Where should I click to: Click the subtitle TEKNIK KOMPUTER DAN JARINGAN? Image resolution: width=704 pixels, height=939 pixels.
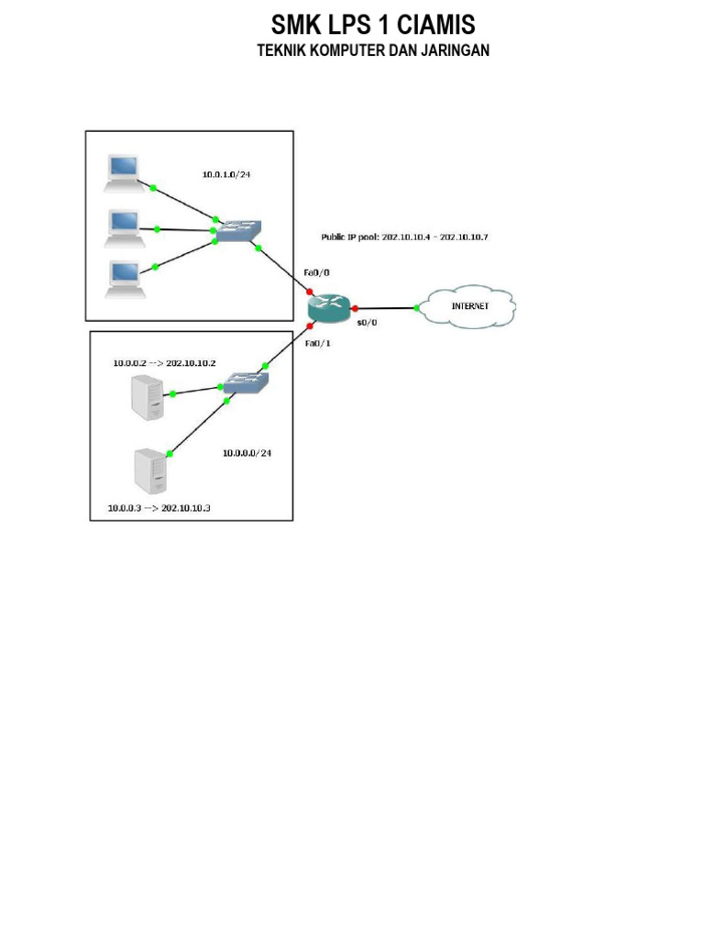(x=373, y=51)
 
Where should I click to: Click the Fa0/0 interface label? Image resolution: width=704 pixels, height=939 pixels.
(x=316, y=273)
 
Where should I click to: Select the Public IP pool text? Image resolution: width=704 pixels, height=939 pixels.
(x=404, y=238)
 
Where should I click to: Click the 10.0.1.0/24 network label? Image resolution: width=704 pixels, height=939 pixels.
(x=226, y=173)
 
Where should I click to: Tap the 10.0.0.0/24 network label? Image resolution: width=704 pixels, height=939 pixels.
(x=247, y=453)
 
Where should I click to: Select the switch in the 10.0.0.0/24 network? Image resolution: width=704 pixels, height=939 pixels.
(x=247, y=381)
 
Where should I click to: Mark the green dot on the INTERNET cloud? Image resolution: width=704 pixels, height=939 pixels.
(x=417, y=309)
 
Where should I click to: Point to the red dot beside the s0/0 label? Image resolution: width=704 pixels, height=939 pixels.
(x=354, y=309)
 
